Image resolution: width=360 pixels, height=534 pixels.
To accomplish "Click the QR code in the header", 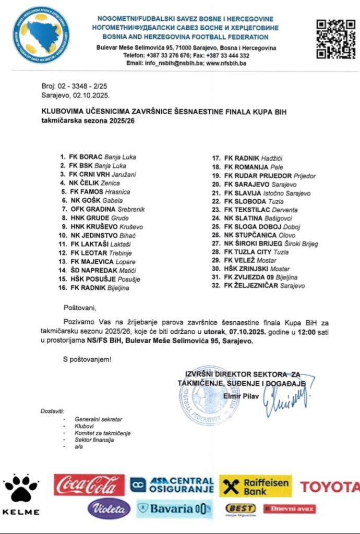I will (x=336, y=39).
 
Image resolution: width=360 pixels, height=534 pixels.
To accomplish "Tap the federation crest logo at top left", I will (x=41, y=35).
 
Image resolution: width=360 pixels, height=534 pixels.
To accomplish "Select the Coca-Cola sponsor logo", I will (x=89, y=484).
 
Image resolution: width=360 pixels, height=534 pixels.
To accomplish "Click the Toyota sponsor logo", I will (x=329, y=487).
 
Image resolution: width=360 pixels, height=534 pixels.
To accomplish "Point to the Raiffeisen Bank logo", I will (x=255, y=486).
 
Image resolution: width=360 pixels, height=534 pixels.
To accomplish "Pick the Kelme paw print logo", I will (x=21, y=490).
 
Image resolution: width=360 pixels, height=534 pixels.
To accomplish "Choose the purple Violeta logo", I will (x=109, y=508).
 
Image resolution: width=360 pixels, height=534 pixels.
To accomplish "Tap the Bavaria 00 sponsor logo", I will (x=175, y=508).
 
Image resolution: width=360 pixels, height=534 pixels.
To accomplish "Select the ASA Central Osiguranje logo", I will (x=172, y=485).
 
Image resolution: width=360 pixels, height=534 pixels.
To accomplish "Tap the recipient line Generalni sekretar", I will (x=99, y=419).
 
